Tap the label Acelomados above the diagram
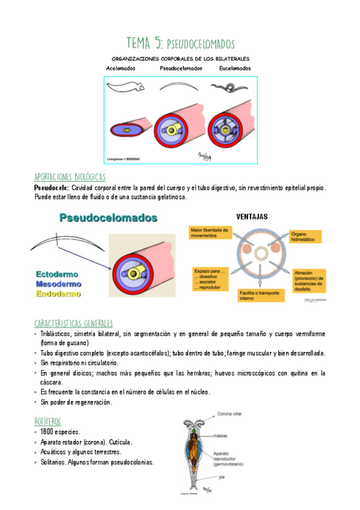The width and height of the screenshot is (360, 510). pyautogui.click(x=121, y=69)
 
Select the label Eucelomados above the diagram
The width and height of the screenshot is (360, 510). pyautogui.click(x=235, y=69)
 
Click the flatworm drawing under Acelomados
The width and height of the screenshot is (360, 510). pyautogui.click(x=129, y=88)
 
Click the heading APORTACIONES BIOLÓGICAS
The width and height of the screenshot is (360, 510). pyautogui.click(x=70, y=177)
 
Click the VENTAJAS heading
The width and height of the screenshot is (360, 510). pyautogui.click(x=251, y=216)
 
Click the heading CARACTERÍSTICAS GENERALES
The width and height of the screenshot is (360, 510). pyautogui.click(x=73, y=324)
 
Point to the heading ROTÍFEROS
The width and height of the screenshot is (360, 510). pyautogui.click(x=47, y=421)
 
